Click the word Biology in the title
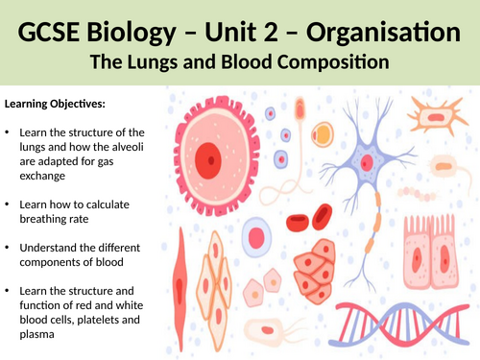[x=132, y=33]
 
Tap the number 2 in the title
[x=270, y=32]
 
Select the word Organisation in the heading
[x=383, y=32]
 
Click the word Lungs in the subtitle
[x=153, y=62]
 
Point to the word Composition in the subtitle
[x=333, y=62]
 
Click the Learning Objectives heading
[x=55, y=104]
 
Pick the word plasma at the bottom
[x=36, y=334]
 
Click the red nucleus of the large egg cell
[x=208, y=160]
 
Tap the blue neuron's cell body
[x=367, y=162]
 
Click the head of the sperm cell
[x=300, y=108]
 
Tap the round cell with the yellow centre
[x=323, y=134]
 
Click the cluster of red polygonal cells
[x=315, y=272]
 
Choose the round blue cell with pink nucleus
[x=256, y=237]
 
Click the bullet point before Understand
[x=8, y=248]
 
